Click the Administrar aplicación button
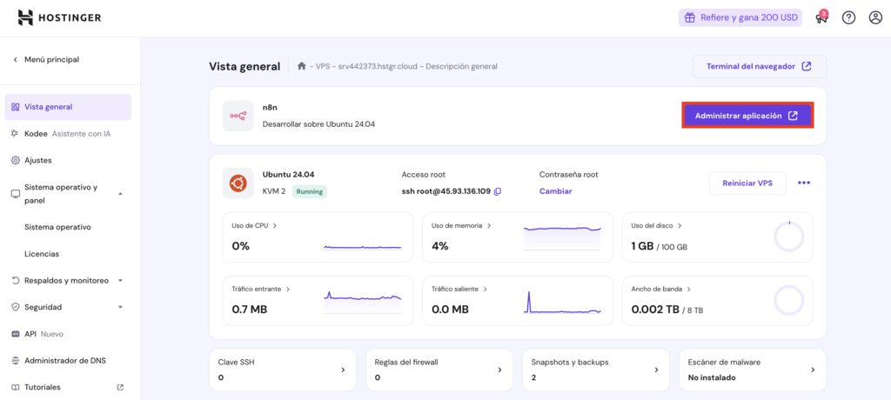[747, 116]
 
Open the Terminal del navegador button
[759, 66]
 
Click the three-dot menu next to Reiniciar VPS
[803, 183]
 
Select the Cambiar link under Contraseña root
[555, 191]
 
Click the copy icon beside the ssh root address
[498, 191]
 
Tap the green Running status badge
[309, 191]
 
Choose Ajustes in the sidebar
[37, 160]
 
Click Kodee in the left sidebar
[36, 134]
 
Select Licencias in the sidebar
[42, 254]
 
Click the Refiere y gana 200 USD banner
[740, 17]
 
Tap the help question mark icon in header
[848, 17]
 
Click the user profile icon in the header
[875, 17]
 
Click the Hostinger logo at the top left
[59, 17]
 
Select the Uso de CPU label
[251, 225]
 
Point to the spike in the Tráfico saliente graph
[527, 300]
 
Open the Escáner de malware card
[752, 370]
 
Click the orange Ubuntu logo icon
[238, 183]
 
